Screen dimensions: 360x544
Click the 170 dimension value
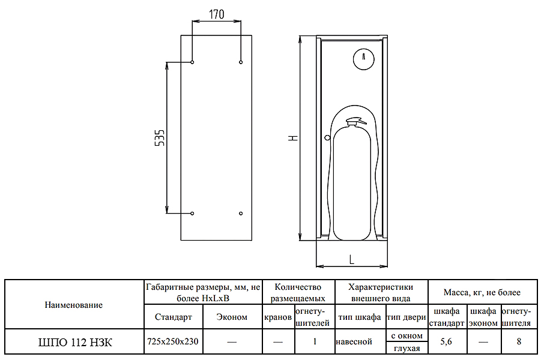[216, 14]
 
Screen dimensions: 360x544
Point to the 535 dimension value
[160, 138]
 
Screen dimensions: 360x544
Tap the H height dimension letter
[293, 137]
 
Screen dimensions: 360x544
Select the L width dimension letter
[351, 259]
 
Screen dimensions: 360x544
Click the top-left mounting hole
[192, 62]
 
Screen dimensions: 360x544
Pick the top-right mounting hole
[241, 62]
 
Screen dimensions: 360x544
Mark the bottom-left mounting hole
[192, 213]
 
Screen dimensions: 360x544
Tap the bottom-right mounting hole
[241, 213]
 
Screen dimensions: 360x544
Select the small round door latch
[327, 137]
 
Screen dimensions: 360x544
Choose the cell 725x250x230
[173, 342]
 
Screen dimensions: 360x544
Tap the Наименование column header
[74, 305]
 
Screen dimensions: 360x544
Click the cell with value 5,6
[446, 342]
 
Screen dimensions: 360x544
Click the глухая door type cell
[406, 349]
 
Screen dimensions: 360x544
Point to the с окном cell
[406, 336]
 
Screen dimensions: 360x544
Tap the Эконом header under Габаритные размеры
[232, 317]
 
